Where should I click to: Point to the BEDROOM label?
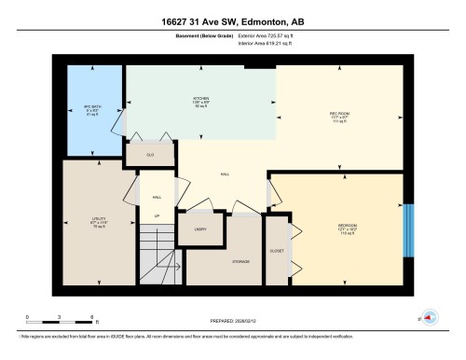click(348, 226)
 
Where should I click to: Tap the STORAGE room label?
click(240, 262)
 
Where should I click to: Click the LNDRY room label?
click(199, 228)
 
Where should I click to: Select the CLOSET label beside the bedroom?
click(277, 250)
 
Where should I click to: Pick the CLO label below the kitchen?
click(150, 154)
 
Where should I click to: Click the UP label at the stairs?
click(156, 217)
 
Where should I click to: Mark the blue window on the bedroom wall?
click(406, 228)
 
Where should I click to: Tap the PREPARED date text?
click(232, 322)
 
